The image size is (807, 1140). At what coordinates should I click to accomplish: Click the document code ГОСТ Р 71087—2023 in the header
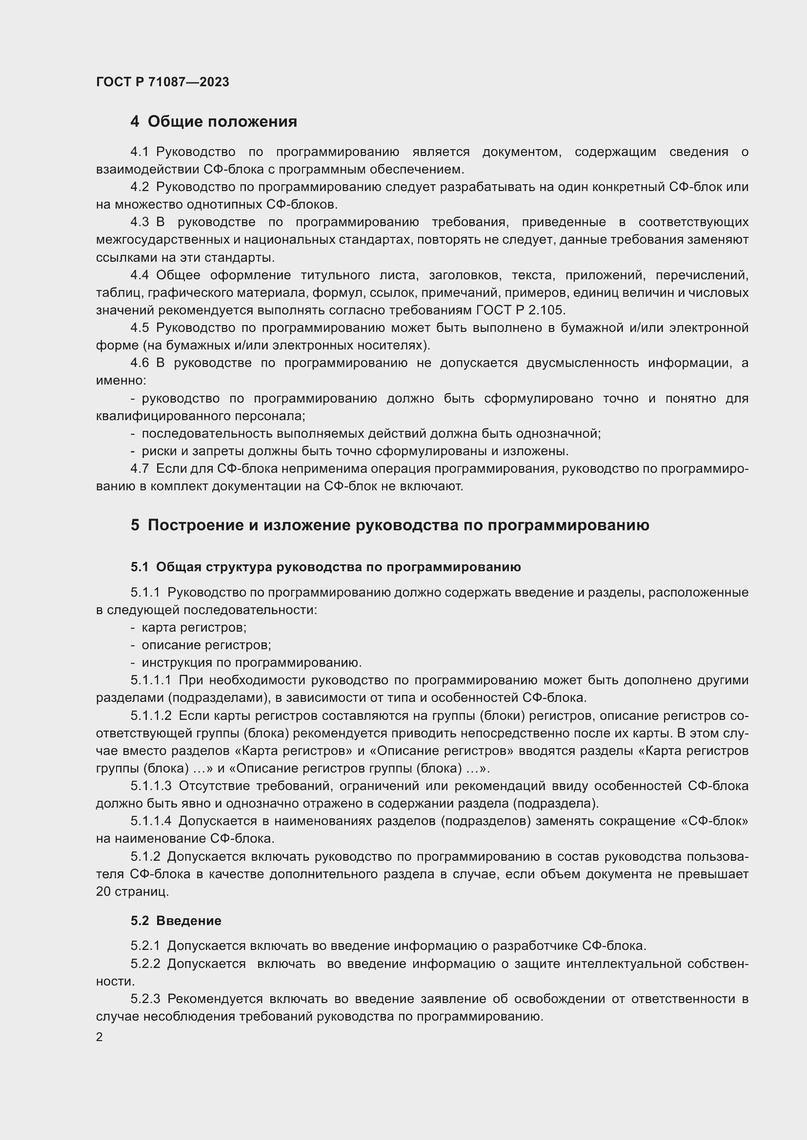tap(162, 82)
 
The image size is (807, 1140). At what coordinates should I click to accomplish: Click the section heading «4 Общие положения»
tap(214, 122)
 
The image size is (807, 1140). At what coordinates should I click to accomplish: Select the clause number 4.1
tap(140, 152)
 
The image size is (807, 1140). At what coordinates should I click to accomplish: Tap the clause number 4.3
tap(140, 222)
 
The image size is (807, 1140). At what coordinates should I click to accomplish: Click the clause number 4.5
tap(140, 328)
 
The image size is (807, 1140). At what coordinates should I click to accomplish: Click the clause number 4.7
tap(140, 468)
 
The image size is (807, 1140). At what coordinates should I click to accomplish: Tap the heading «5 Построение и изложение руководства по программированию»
tap(390, 525)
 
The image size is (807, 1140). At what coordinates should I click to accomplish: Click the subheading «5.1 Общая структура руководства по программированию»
tap(325, 567)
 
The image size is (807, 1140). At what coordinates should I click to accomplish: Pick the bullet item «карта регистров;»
tap(194, 628)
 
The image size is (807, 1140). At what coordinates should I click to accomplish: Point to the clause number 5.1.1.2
tap(151, 715)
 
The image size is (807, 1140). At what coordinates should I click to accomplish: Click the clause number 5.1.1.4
tap(151, 821)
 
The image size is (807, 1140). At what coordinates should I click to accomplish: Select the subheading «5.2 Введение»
tap(176, 921)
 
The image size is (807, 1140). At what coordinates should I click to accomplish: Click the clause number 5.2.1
tap(145, 946)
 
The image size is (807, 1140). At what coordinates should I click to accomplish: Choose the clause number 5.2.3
tap(145, 999)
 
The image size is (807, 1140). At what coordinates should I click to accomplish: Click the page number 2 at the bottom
tap(100, 1037)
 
